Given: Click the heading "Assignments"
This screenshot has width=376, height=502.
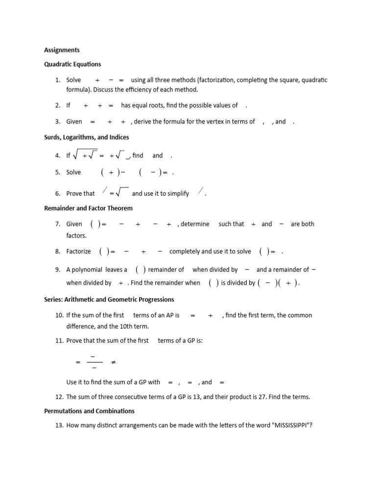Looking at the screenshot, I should click(62, 50).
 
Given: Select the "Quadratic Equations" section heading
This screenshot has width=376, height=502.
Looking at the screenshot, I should click(72, 64).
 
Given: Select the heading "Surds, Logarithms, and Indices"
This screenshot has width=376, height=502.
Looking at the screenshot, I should click(87, 137).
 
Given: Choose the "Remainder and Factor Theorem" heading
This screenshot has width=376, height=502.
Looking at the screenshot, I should click(88, 208).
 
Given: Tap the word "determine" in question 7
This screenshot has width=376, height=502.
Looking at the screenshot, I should click(195, 224).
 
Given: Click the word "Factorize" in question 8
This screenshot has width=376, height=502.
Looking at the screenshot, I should click(79, 251).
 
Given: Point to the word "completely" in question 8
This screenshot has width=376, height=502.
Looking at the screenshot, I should click(185, 251).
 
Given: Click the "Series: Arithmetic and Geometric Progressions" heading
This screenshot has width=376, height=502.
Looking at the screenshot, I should click(109, 300).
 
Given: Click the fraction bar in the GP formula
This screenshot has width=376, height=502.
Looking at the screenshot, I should click(94, 362).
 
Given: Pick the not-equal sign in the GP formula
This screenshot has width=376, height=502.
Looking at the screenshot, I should click(114, 362).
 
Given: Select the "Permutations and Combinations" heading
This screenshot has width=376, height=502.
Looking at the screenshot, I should click(89, 411).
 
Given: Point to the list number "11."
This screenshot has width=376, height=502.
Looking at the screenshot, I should click(59, 341).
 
